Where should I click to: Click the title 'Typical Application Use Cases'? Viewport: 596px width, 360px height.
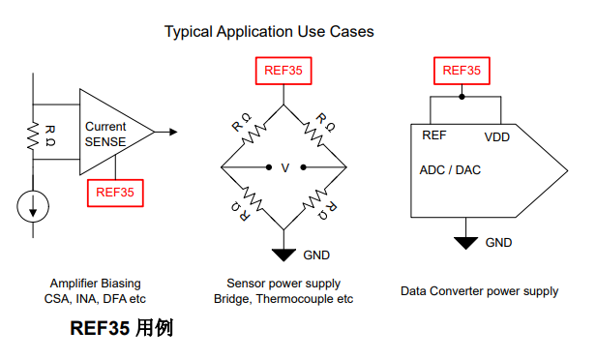point(269,32)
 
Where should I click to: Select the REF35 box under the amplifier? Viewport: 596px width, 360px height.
point(115,192)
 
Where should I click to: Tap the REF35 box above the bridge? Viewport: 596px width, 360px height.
point(283,70)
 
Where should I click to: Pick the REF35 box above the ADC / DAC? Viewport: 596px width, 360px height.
point(462,70)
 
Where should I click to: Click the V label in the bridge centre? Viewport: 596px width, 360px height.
point(284,168)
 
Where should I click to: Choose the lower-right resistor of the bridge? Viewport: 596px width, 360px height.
point(320,200)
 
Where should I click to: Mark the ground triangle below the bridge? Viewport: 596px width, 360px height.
point(283,255)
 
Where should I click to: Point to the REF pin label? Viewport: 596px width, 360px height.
point(434,135)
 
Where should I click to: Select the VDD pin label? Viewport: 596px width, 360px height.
point(496,136)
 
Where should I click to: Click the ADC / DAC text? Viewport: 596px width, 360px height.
point(450,169)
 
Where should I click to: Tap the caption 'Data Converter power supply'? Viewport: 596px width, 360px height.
point(479,290)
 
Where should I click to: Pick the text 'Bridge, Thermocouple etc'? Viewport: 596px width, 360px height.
point(283,299)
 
